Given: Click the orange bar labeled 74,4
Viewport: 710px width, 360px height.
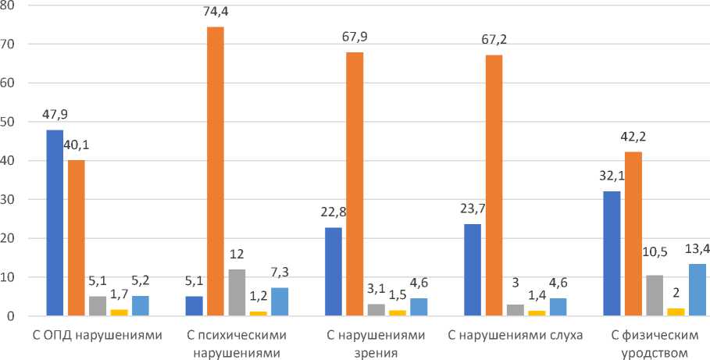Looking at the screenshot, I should tap(215, 172).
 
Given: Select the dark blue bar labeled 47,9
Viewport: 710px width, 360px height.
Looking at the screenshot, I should tap(54, 223).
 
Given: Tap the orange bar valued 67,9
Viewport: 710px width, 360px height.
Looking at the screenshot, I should tap(354, 184).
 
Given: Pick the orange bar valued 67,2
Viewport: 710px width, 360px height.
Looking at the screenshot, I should tap(494, 186).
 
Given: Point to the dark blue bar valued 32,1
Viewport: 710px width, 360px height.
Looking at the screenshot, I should tap(612, 254).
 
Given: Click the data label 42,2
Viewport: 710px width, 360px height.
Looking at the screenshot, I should tap(634, 135).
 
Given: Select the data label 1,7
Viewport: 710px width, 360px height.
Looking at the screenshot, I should tap(119, 295).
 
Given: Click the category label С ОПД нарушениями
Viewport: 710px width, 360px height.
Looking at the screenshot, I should tap(97, 336).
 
